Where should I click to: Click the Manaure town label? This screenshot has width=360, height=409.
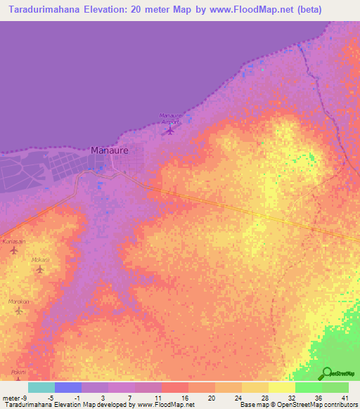pos(110,150)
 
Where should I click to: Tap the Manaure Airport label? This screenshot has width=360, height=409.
pos(171,118)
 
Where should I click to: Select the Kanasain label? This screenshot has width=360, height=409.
pos(14,241)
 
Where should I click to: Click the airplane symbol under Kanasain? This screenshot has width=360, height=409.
pos(13,250)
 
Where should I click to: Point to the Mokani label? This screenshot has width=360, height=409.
pos(40,259)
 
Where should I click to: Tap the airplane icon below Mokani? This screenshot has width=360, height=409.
pos(39,269)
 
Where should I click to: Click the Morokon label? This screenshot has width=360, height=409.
pos(19,301)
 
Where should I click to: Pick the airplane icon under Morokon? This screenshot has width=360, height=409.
pos(18,311)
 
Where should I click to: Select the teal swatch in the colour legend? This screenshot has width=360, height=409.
pos(41,387)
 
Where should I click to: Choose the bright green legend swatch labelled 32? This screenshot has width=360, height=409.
pos(309,387)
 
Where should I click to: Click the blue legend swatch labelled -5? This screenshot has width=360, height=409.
pos(68,387)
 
